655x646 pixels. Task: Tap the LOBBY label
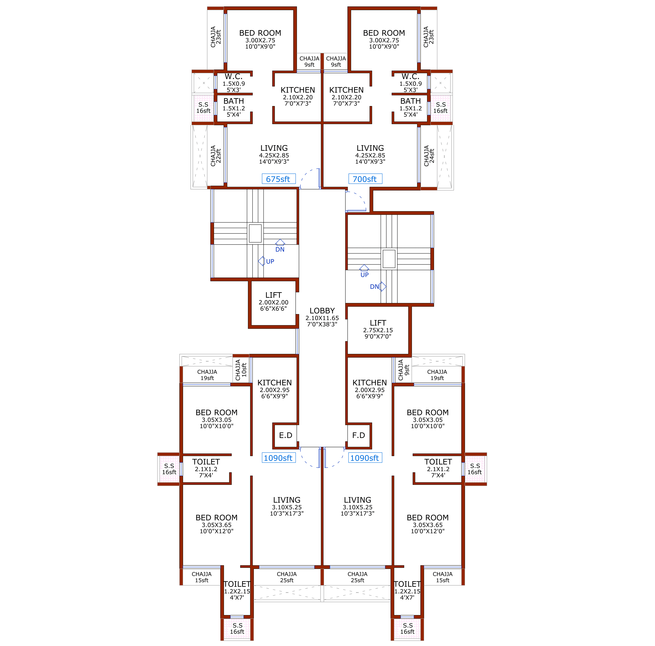[x=322, y=311]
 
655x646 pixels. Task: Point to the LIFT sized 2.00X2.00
[x=273, y=295]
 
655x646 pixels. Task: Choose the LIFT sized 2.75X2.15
[x=378, y=323]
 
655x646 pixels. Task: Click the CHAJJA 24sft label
[x=429, y=156]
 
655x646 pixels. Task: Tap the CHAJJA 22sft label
[x=216, y=156]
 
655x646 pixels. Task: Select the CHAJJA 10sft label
[x=241, y=370]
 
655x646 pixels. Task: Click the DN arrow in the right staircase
[x=383, y=287]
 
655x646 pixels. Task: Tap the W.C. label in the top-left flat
[x=234, y=77]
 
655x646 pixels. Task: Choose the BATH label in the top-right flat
[x=410, y=101]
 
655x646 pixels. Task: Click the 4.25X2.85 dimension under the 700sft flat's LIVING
[x=370, y=155]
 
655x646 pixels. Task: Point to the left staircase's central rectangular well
[x=255, y=233]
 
